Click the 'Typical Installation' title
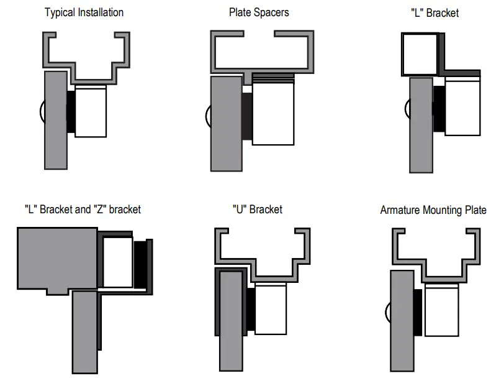pyautogui.click(x=84, y=12)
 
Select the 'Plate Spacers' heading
pyautogui.click(x=259, y=12)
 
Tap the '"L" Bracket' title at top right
pyautogui.click(x=435, y=12)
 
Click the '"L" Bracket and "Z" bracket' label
pyautogui.click(x=83, y=209)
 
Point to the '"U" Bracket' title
pyautogui.click(x=257, y=209)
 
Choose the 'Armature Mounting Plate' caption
pyautogui.click(x=433, y=210)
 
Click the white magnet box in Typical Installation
pyautogui.click(x=91, y=112)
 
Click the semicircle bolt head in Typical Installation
pyautogui.click(x=41, y=112)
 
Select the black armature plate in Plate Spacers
pyautogui.click(x=246, y=115)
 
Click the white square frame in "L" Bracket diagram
pyautogui.click(x=420, y=55)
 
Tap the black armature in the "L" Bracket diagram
pyautogui.click(x=439, y=109)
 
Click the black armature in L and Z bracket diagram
pyautogui.click(x=142, y=264)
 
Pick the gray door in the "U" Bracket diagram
pyautogui.click(x=232, y=317)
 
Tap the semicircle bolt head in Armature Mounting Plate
pyautogui.click(x=388, y=314)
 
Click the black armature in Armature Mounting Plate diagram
pyautogui.click(x=417, y=311)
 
